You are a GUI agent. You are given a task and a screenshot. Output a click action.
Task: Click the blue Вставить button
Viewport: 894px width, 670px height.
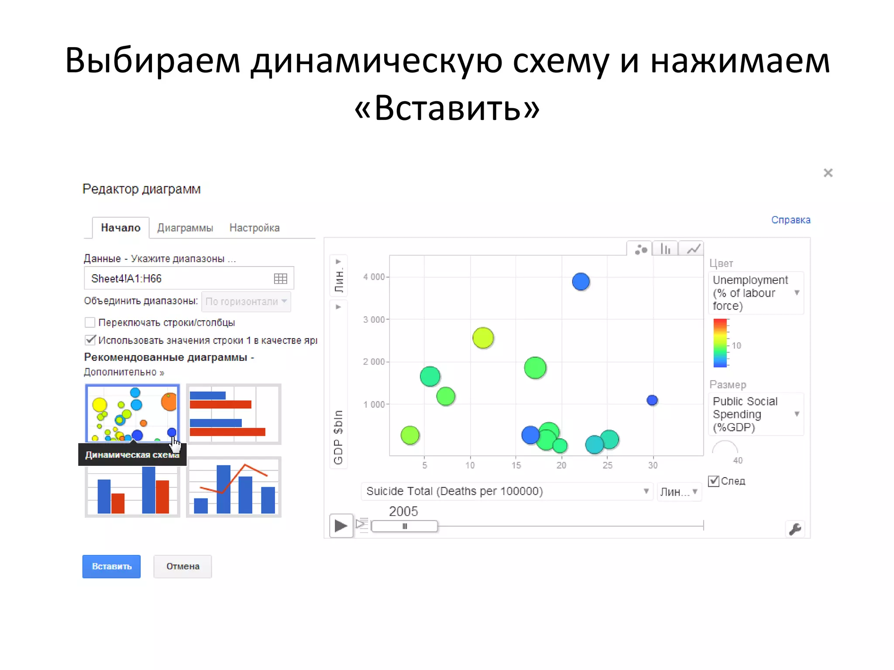point(111,566)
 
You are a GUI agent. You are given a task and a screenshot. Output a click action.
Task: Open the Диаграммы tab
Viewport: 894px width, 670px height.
point(185,228)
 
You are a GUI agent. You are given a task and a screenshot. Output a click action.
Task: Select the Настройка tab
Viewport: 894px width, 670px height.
point(254,228)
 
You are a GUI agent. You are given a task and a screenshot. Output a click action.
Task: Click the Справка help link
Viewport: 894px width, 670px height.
point(791,220)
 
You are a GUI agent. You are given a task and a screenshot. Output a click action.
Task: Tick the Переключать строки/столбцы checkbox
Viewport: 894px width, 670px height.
point(90,322)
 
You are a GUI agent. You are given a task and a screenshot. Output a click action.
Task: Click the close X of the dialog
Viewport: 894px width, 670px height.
point(828,173)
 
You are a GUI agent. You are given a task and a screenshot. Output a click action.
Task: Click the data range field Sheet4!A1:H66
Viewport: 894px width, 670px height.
point(179,278)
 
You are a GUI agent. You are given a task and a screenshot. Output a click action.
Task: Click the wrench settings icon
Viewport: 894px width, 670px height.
point(795,529)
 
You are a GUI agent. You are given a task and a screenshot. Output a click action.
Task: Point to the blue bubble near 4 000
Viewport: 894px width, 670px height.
point(581,282)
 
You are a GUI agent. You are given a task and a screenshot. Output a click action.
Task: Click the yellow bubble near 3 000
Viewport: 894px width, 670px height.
point(483,338)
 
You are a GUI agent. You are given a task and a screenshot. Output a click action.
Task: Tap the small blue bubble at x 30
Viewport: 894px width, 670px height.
point(652,400)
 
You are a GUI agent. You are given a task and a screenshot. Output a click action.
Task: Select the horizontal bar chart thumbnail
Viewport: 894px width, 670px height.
point(234,414)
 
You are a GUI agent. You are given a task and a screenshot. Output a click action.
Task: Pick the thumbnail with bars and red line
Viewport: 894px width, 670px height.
point(234,487)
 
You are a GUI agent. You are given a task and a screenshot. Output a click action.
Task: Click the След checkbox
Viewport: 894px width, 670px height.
point(714,481)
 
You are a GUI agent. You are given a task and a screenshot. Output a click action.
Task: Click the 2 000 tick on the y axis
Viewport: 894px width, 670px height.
point(373,362)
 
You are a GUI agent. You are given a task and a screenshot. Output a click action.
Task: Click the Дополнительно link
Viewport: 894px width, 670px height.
point(124,372)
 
